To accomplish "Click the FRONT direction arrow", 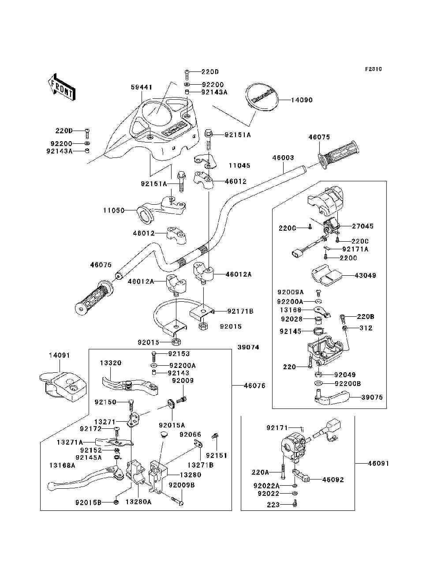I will point(61,87).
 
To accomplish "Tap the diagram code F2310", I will point(373,69).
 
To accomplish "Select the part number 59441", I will point(141,87).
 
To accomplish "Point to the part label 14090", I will point(302,100).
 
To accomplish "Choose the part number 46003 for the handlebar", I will point(283,157).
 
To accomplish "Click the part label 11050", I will point(114,211).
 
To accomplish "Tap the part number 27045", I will point(363,226).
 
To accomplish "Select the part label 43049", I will point(365,276).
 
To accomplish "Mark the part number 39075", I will point(372,397).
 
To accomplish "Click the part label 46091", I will point(378,464).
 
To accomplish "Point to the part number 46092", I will point(333,480).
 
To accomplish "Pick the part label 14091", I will point(59,355).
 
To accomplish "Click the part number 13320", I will point(110,363).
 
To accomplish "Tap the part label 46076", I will point(254,386).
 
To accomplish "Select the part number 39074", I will point(248,347).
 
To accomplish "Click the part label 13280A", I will point(138,502).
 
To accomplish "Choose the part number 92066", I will point(190,435).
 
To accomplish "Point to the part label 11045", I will point(239,165).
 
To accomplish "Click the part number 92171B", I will point(240,311).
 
